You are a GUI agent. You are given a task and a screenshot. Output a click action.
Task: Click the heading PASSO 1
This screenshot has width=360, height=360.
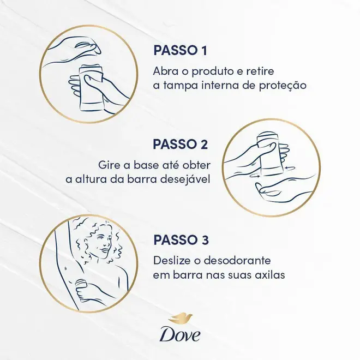click(x=180, y=50)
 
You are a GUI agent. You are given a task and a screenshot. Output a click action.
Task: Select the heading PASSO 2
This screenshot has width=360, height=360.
click(x=180, y=144)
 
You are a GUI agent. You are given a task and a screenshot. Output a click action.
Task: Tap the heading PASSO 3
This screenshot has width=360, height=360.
click(x=181, y=239)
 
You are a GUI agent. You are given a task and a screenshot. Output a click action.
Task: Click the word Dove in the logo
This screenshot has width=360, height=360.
click(x=180, y=336)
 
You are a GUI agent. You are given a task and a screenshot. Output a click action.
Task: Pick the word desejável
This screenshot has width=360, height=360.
click(x=185, y=179)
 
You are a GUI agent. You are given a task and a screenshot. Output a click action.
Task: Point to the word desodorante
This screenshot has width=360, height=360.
click(x=237, y=261)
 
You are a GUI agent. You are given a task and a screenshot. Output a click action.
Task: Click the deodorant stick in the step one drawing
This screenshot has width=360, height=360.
click(x=92, y=88)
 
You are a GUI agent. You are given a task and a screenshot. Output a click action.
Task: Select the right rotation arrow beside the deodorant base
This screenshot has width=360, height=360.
click(x=290, y=169)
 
